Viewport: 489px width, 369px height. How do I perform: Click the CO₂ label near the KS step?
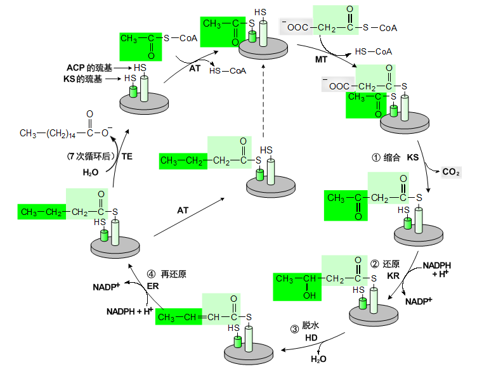[451, 172]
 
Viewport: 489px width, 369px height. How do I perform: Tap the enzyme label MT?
[322, 59]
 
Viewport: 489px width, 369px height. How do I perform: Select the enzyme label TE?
[127, 155]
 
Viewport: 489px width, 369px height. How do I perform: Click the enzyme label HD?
[311, 339]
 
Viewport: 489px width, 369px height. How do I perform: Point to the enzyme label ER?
[152, 286]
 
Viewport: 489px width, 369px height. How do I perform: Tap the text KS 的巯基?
[84, 79]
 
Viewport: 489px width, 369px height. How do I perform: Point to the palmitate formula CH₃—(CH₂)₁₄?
[48, 133]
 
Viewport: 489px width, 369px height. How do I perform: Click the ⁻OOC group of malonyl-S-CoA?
[298, 28]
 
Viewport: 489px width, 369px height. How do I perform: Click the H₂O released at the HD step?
[318, 359]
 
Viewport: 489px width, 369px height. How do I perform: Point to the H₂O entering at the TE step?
[91, 172]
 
